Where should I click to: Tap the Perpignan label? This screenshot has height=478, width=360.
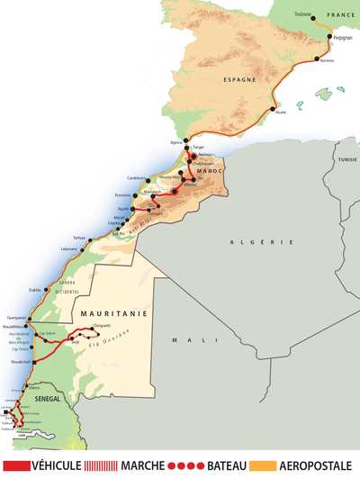pos(342,39)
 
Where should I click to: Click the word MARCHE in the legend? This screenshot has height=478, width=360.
pos(150,466)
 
